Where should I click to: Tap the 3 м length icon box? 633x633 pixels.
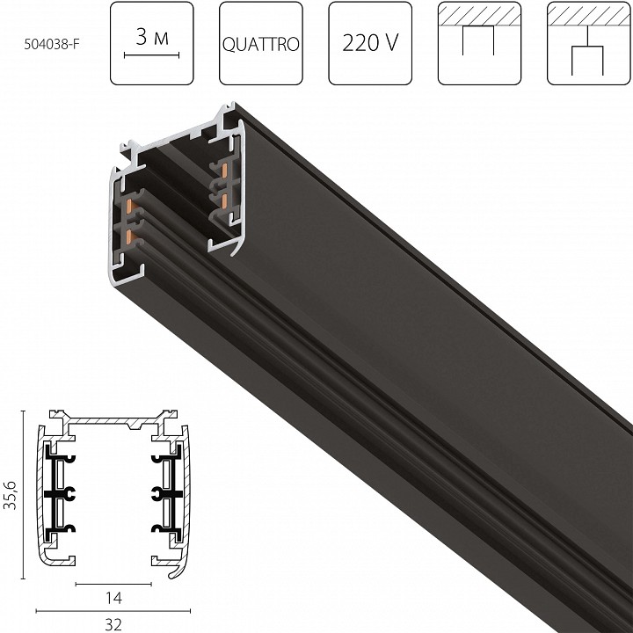click(x=152, y=43)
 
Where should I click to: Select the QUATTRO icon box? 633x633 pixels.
click(x=261, y=43)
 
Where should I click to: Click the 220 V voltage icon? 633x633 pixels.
click(x=370, y=43)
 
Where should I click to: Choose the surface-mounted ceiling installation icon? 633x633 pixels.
click(x=479, y=43)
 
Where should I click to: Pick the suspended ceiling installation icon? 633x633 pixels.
click(x=588, y=43)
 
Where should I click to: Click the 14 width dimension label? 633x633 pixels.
click(x=113, y=597)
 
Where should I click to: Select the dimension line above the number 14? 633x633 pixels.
click(x=113, y=584)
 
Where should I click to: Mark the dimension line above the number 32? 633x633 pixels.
click(x=113, y=608)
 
